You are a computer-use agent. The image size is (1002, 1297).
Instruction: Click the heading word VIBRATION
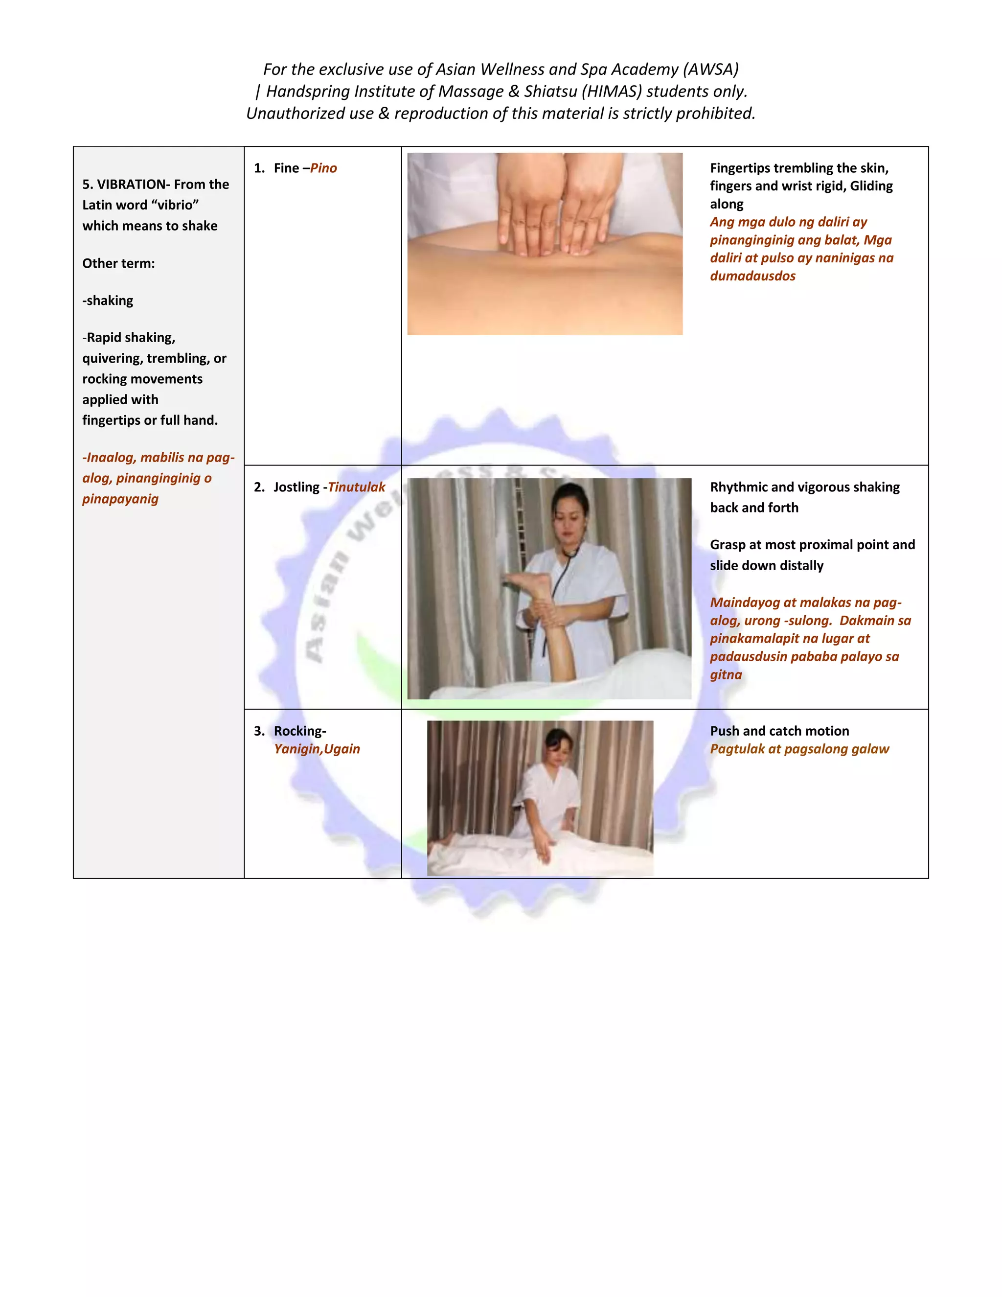point(131,184)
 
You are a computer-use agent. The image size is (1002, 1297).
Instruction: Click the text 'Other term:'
point(118,263)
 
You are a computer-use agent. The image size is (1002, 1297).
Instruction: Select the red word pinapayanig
point(120,499)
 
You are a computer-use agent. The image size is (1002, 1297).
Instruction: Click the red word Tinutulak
point(356,487)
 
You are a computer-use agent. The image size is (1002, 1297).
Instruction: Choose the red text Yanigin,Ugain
point(317,749)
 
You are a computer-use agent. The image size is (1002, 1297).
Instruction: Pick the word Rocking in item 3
point(298,731)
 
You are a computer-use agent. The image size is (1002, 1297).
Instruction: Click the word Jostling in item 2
point(296,487)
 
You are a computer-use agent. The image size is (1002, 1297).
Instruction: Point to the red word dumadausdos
point(752,276)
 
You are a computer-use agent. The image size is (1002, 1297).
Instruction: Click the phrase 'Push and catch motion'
point(779,731)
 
